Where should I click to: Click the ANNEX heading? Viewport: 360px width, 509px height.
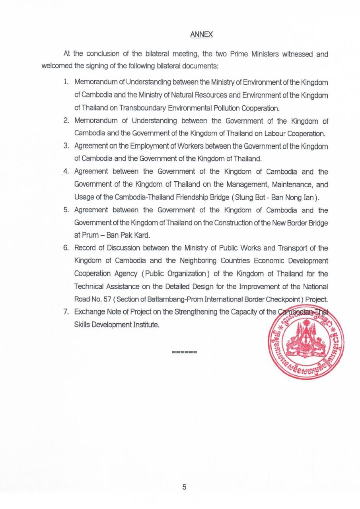click(202, 35)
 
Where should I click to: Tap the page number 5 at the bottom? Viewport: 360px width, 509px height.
click(184, 488)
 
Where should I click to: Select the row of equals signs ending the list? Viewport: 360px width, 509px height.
click(185, 352)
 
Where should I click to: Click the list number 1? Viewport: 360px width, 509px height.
click(67, 82)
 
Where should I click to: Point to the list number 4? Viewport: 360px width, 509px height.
click(66, 172)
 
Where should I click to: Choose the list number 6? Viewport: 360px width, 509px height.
click(66, 249)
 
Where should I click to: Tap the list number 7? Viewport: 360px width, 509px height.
click(66, 312)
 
